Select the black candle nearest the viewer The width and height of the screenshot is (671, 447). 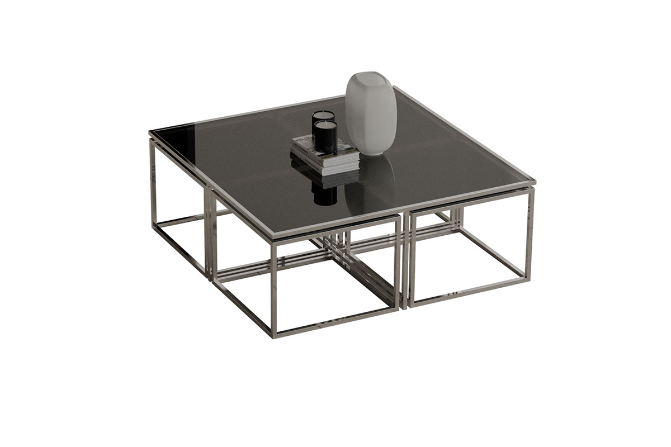tap(325, 137)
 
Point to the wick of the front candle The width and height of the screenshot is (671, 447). tap(325, 122)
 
